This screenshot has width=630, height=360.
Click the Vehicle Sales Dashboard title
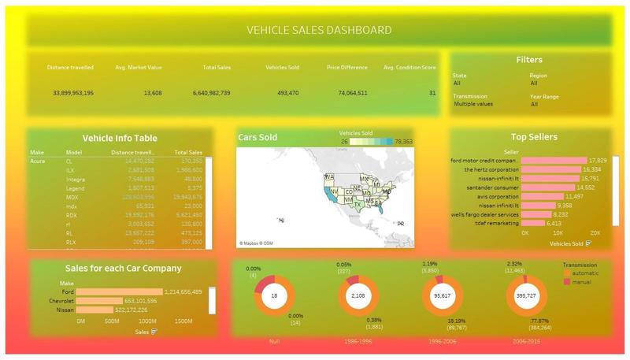[x=319, y=31]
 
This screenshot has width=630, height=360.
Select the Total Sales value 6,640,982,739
[x=211, y=93]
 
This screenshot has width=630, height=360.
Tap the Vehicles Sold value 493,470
[x=283, y=93]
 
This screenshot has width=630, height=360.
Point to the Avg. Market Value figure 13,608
[x=153, y=93]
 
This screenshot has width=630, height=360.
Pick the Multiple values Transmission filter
[x=474, y=104]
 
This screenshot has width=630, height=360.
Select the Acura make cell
[x=38, y=161]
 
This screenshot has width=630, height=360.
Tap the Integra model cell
[x=76, y=179]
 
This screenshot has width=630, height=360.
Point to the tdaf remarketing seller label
[x=497, y=223]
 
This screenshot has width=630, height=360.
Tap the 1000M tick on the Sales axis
[x=148, y=321]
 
